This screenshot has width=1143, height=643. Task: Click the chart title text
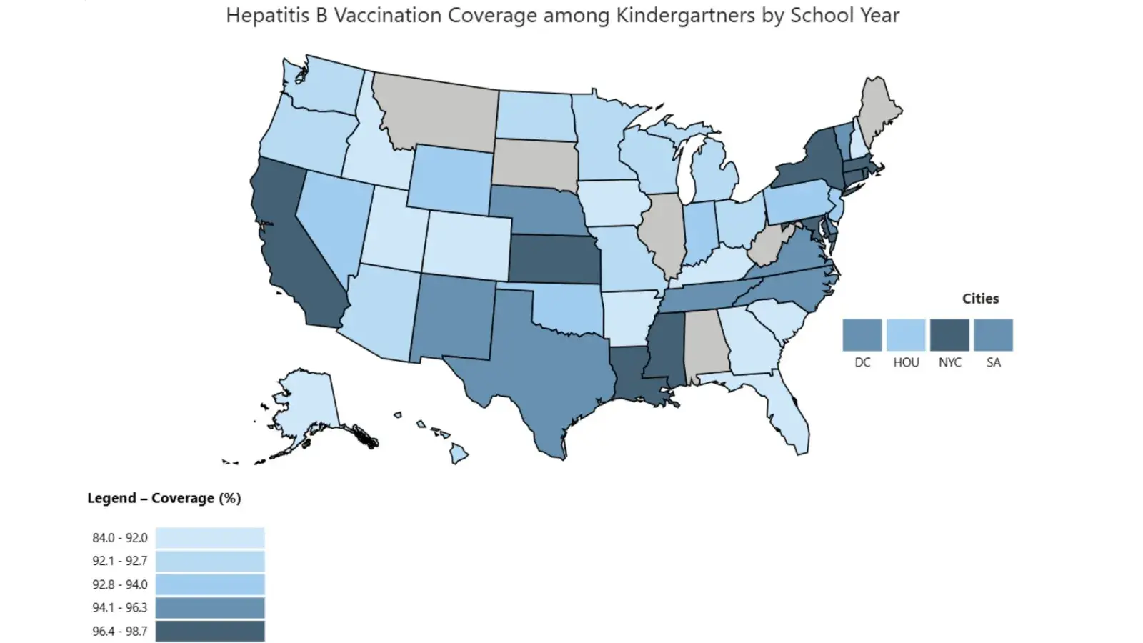(562, 15)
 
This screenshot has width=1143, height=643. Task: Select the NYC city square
(949, 334)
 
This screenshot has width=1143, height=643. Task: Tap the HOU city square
(906, 334)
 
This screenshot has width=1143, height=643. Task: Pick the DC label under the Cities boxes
(862, 362)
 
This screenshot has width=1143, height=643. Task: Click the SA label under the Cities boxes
(993, 362)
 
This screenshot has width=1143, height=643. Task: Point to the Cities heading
(980, 299)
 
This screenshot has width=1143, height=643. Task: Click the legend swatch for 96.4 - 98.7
(210, 631)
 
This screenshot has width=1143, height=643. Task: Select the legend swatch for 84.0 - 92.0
(210, 537)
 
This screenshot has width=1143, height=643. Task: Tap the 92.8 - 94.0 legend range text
(119, 584)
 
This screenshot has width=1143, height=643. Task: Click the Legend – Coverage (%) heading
(164, 498)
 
